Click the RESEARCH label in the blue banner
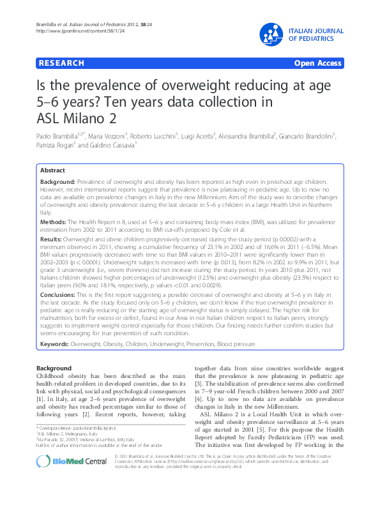(x=61, y=63)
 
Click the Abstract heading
(x=52, y=170)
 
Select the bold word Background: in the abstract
(x=58, y=182)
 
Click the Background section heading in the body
(x=54, y=369)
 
